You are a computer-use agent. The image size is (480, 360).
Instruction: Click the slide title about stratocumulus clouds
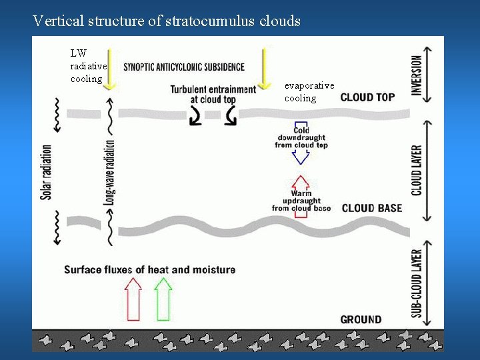(x=167, y=21)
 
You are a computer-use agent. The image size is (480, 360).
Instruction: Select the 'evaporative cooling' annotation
(x=309, y=92)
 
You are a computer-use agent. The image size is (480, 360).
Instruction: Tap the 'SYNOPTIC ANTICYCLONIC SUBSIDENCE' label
(x=184, y=67)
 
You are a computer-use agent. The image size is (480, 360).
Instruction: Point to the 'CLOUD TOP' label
(x=367, y=97)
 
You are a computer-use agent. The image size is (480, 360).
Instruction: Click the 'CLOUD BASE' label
(x=372, y=208)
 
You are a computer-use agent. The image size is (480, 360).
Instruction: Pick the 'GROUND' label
(x=361, y=319)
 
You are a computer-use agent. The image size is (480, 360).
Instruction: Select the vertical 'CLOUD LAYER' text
(x=416, y=171)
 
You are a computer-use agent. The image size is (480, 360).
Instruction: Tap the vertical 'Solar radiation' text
(x=46, y=172)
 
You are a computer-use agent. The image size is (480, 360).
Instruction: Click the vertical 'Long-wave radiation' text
(x=110, y=172)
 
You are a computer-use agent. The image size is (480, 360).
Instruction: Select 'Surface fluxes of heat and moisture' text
(x=149, y=269)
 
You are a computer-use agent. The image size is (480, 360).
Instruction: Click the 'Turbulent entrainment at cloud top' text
(x=213, y=94)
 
